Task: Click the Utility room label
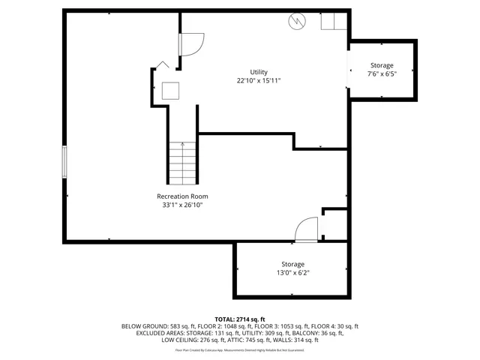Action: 259,72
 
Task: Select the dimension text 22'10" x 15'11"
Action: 259,81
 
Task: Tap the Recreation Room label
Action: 182,196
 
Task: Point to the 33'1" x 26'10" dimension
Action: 182,205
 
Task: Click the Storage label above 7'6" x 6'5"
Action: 381,65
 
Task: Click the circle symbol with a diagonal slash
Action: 295,22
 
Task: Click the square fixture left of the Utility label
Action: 172,91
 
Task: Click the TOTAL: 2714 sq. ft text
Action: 240,319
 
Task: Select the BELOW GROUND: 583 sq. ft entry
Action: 154,326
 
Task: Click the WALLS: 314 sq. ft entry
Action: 294,340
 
